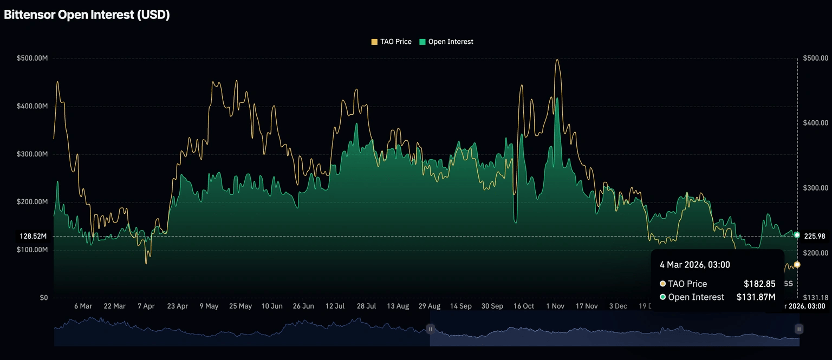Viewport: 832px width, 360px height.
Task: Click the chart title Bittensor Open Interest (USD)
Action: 87,15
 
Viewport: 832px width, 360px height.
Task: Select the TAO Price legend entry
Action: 391,42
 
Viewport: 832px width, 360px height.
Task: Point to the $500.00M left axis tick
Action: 32,58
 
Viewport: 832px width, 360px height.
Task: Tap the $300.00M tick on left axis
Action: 32,154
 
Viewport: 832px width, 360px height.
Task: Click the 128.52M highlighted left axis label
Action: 34,237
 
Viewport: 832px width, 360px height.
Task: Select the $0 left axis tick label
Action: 43,298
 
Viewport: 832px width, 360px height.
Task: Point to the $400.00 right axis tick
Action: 816,123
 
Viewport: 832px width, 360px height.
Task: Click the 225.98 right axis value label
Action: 815,236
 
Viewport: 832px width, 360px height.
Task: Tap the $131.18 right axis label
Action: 816,297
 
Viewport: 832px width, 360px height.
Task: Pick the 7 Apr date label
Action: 146,306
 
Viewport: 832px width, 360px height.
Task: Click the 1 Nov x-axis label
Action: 555,306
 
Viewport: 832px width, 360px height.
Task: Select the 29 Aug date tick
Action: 429,306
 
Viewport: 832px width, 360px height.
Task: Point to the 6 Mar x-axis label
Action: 83,306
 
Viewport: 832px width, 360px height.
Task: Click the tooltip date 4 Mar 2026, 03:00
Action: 694,265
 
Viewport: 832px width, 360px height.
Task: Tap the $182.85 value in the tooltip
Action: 759,284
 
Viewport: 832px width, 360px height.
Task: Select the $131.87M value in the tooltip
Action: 756,297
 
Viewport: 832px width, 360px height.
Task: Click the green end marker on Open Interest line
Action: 797,235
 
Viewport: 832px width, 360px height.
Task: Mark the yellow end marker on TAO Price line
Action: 797,265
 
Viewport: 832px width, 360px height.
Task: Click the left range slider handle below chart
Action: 430,329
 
